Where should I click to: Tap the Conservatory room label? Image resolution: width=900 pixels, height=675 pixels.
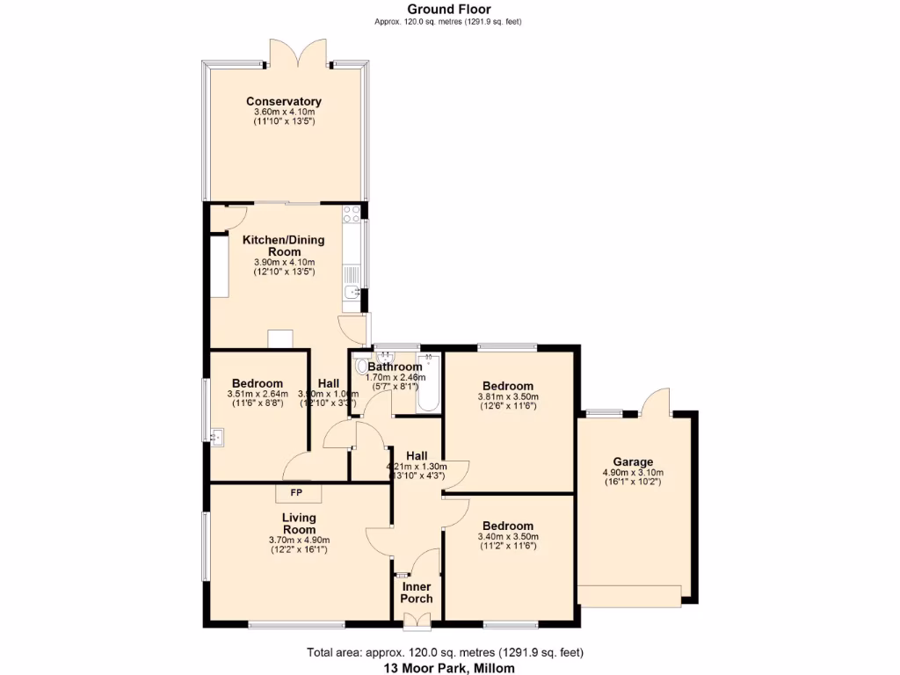click(283, 101)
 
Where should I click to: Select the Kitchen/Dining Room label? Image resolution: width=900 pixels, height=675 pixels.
click(283, 245)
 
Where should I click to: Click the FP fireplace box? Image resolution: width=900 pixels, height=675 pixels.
click(297, 492)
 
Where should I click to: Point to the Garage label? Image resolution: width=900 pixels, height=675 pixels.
click(633, 461)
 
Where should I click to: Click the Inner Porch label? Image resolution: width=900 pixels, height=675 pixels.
click(417, 592)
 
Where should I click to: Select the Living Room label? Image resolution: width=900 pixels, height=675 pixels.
click(299, 524)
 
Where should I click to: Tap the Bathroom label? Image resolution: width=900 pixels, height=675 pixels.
click(395, 367)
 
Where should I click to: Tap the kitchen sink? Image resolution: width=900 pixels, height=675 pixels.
click(351, 294)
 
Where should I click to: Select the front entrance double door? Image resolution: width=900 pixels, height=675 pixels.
click(417, 625)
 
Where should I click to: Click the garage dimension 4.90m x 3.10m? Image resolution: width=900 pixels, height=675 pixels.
click(633, 473)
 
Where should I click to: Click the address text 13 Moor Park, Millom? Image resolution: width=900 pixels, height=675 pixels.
click(449, 668)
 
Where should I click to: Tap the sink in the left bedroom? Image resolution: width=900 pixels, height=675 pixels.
click(216, 433)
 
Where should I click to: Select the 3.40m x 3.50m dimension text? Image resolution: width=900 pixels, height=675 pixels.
click(508, 537)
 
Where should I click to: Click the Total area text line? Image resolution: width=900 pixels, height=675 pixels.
click(445, 652)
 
